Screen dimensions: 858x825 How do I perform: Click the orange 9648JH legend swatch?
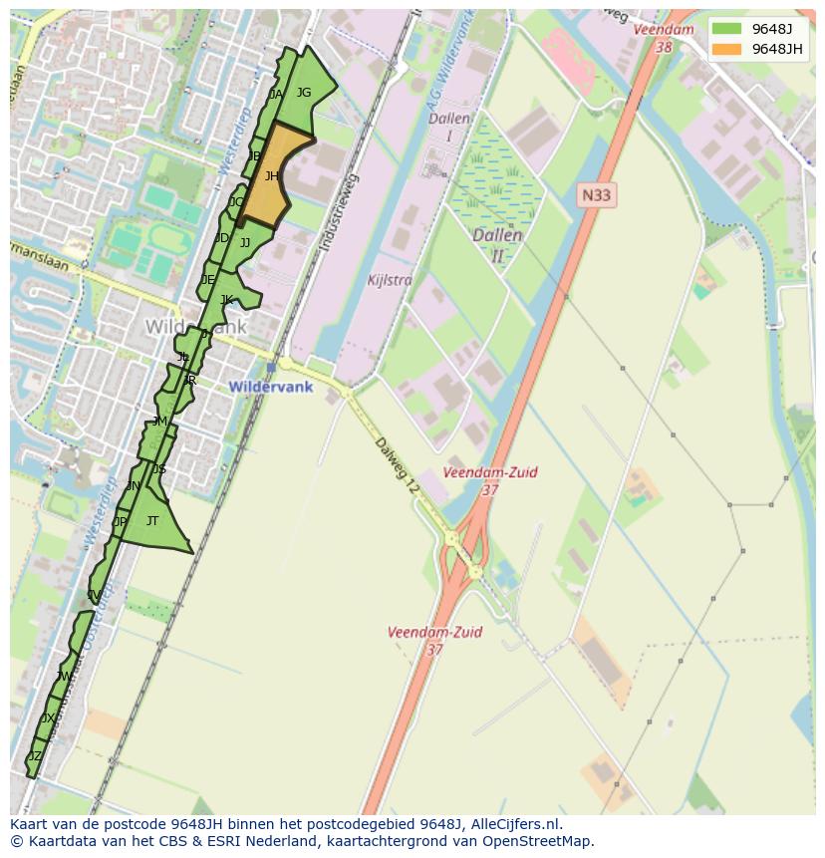(x=726, y=49)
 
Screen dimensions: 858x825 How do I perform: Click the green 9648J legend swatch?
(x=726, y=28)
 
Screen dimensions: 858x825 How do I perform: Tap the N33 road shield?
(x=596, y=195)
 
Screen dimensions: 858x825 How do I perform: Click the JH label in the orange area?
(x=271, y=176)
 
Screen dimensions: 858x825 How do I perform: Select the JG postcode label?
(x=304, y=93)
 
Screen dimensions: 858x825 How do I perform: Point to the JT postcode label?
(x=152, y=520)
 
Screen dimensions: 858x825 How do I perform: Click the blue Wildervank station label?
(x=270, y=387)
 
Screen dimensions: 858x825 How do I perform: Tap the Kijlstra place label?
(x=389, y=280)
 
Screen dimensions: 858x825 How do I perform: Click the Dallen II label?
(x=497, y=245)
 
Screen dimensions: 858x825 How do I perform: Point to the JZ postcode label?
(x=35, y=756)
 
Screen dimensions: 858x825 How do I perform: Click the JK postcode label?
(x=227, y=300)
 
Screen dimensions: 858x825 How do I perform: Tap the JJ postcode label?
(x=245, y=242)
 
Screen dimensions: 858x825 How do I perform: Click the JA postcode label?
(x=276, y=95)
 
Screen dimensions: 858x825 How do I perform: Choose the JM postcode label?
(x=159, y=422)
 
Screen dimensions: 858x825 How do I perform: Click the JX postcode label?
(x=49, y=718)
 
